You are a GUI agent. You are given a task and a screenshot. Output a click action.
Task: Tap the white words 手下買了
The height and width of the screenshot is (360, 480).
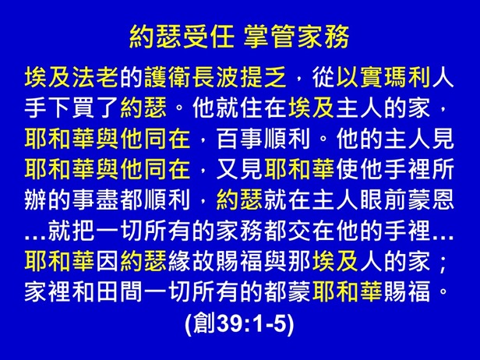[72, 108]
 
